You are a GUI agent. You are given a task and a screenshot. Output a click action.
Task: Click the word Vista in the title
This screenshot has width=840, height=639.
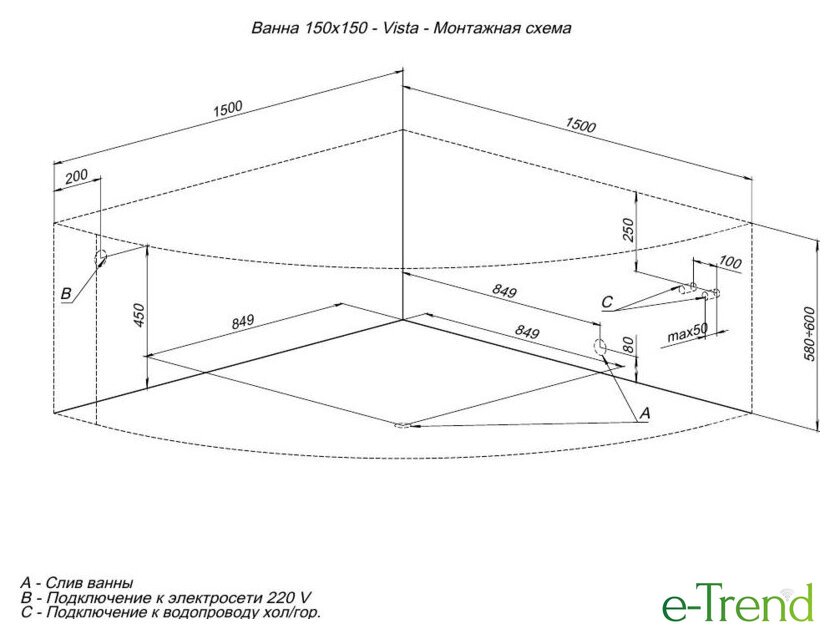tap(400, 28)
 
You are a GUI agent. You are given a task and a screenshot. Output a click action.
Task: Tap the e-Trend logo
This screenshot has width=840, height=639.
tap(738, 603)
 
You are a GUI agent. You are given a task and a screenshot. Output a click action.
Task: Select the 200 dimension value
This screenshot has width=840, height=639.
tap(76, 177)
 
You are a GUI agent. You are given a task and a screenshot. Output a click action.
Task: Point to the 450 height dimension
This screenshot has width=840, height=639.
tap(139, 315)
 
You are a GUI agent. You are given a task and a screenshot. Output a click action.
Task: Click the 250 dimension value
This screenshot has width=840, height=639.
tap(628, 230)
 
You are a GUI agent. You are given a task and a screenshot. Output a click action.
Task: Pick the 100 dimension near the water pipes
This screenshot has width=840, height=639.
tap(730, 262)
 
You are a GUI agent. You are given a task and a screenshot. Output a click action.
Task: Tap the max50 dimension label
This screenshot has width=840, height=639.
tap(687, 334)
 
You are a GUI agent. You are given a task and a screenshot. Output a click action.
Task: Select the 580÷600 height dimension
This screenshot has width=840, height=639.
tap(810, 334)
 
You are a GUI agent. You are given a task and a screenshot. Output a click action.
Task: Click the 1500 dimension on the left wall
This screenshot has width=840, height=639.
tap(228, 109)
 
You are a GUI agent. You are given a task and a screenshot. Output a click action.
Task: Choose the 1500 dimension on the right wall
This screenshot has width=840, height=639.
tap(580, 125)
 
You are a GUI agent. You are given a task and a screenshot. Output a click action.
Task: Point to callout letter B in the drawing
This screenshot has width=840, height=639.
tap(66, 294)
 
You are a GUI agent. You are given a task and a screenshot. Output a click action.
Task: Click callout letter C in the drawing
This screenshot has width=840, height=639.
tap(606, 302)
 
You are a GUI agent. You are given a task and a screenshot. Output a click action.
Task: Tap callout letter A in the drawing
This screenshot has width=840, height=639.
tap(645, 413)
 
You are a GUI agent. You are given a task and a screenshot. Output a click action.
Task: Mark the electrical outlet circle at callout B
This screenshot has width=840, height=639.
tap(100, 258)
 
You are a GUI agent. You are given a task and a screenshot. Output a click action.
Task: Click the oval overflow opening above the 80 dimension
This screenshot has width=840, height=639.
tap(600, 345)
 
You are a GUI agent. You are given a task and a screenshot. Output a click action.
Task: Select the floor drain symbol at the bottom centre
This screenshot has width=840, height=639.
tap(401, 426)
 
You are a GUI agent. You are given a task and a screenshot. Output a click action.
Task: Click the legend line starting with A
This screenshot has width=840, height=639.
tap(77, 582)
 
